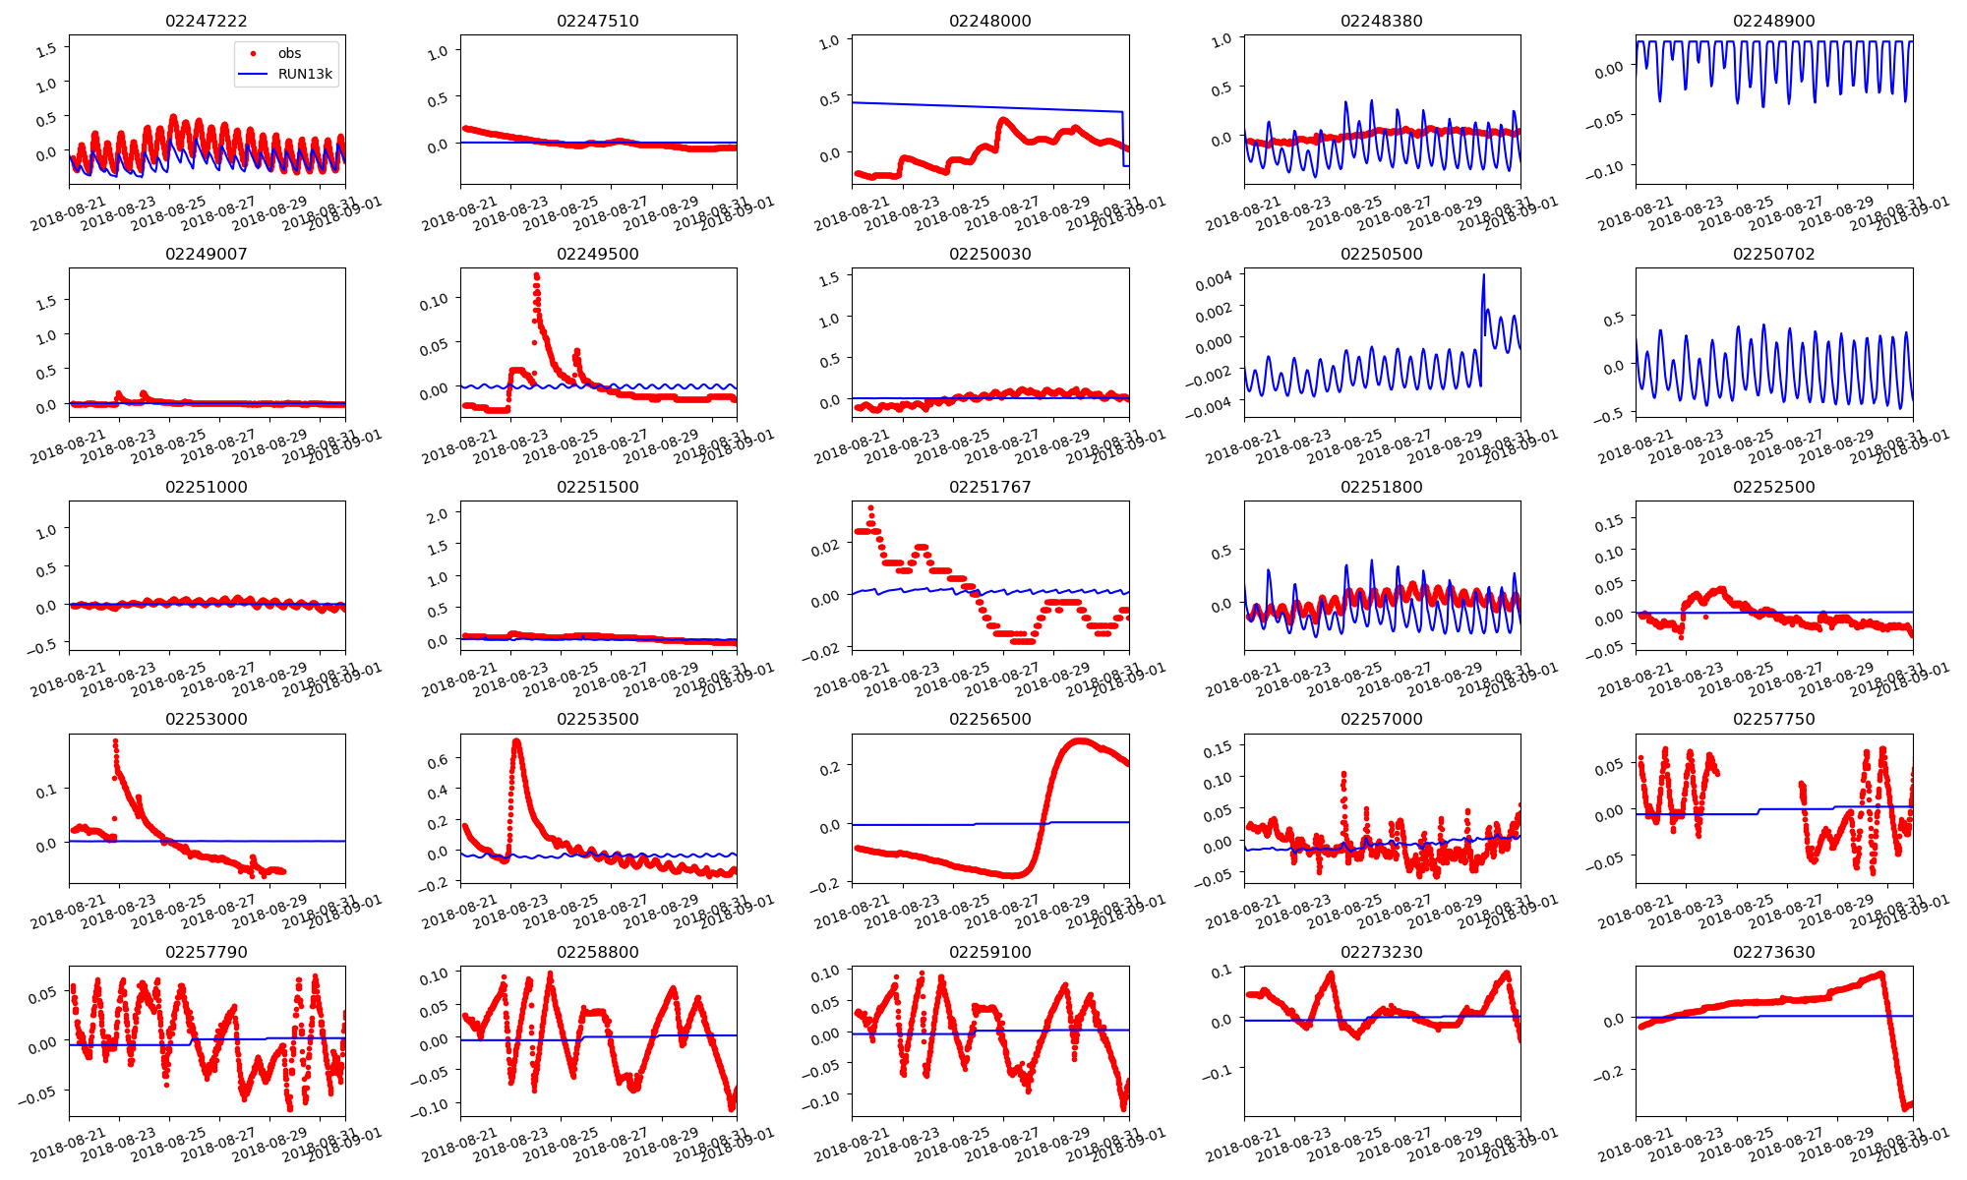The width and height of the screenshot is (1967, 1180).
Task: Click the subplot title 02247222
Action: pos(206,21)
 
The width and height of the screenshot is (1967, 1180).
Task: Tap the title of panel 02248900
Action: pos(1773,21)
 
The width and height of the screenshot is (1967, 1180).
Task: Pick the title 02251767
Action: pos(989,487)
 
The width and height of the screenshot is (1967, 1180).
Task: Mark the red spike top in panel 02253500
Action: pos(517,740)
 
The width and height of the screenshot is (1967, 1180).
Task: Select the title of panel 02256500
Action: pos(989,719)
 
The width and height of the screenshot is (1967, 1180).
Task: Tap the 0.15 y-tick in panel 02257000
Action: pos(1218,749)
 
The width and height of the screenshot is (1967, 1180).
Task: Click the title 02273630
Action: pos(1773,952)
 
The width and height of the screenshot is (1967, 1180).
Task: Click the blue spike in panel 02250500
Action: pos(1483,275)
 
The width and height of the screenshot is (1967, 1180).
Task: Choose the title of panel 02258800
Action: pos(597,952)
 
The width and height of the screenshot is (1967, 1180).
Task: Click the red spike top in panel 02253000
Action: pos(115,740)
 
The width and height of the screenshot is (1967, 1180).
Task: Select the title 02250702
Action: pos(1773,254)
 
